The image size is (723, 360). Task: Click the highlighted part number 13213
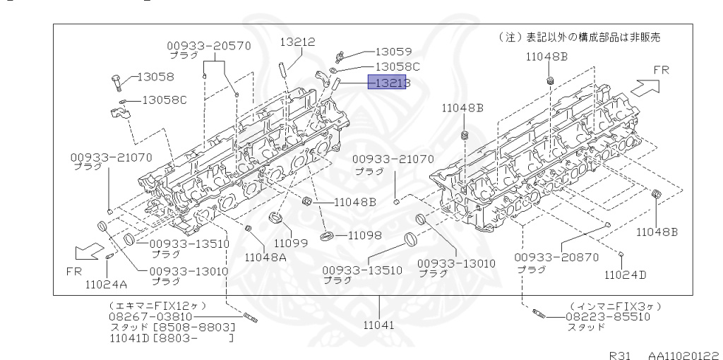pyautogui.click(x=388, y=83)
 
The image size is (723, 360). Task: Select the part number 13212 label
pyautogui.click(x=297, y=42)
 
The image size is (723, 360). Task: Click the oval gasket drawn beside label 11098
pyautogui.click(x=327, y=235)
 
